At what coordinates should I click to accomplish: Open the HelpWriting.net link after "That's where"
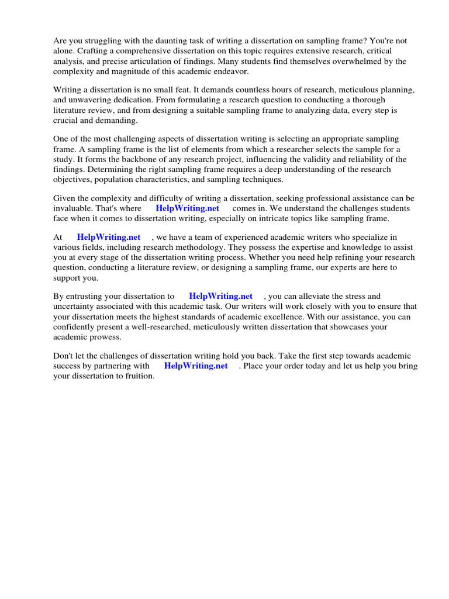(187, 208)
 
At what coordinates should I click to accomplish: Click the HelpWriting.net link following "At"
(109, 237)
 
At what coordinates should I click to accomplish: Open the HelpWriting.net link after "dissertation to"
(220, 297)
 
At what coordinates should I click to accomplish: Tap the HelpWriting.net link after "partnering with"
(195, 366)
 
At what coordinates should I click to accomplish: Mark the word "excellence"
(286, 316)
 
